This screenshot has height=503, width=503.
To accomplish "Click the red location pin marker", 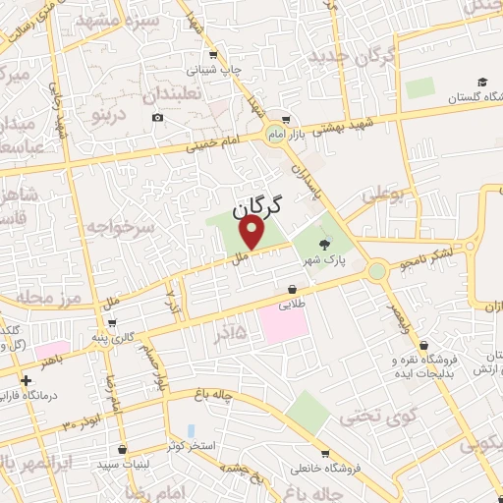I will pyautogui.click(x=252, y=233).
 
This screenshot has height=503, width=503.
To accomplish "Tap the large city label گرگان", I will pyautogui.click(x=257, y=207).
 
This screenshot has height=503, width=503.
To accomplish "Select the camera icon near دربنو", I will pyautogui.click(x=158, y=118).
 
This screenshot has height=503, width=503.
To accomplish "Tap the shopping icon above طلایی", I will pyautogui.click(x=292, y=288).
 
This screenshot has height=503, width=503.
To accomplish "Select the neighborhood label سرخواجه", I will pyautogui.click(x=120, y=227).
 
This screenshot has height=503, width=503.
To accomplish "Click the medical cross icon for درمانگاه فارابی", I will pyautogui.click(x=26, y=377).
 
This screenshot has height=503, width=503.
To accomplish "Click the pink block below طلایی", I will pyautogui.click(x=291, y=323).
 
